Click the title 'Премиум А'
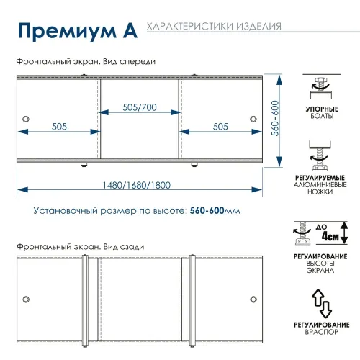tap(73, 32)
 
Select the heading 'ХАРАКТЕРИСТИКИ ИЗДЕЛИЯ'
tap(213, 27)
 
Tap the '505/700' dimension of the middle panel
tap(139, 107)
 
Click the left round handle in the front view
tap(27, 119)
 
